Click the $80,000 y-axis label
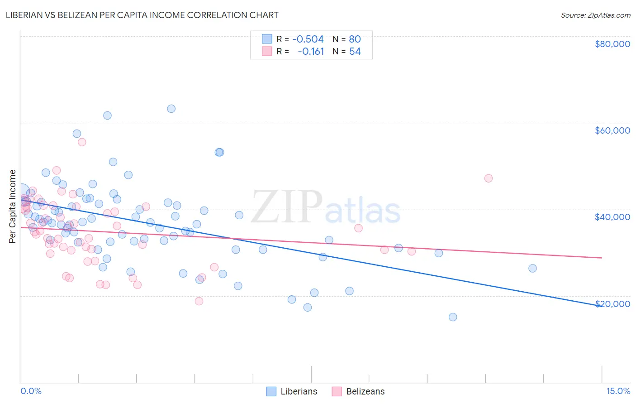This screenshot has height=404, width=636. coord(612,44)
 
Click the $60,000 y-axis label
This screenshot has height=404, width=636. coord(612,130)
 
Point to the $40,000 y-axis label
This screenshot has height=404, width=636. coord(612,217)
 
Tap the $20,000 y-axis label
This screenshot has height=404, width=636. coord(612,304)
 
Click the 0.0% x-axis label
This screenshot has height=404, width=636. coord(31,391)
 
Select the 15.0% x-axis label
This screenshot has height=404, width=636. coord(618,391)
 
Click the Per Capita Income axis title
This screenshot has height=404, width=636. coord(13,206)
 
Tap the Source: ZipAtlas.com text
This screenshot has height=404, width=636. coord(595,15)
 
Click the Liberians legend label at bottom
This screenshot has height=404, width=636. coord(299,391)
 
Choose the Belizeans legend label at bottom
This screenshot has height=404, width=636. coord(365,391)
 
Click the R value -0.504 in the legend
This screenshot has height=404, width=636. coord(308,39)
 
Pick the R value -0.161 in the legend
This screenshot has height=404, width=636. coord(311,52)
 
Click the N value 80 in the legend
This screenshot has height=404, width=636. coord(355,39)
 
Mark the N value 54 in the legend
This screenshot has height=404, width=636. coord(355,52)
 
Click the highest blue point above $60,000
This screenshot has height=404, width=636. coord(171,109)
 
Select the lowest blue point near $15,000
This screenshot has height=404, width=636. coord(453,317)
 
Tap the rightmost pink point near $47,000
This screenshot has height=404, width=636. coord(488,178)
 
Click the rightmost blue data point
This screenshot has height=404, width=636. coord(532,268)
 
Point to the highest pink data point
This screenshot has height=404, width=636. coord(82,142)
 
